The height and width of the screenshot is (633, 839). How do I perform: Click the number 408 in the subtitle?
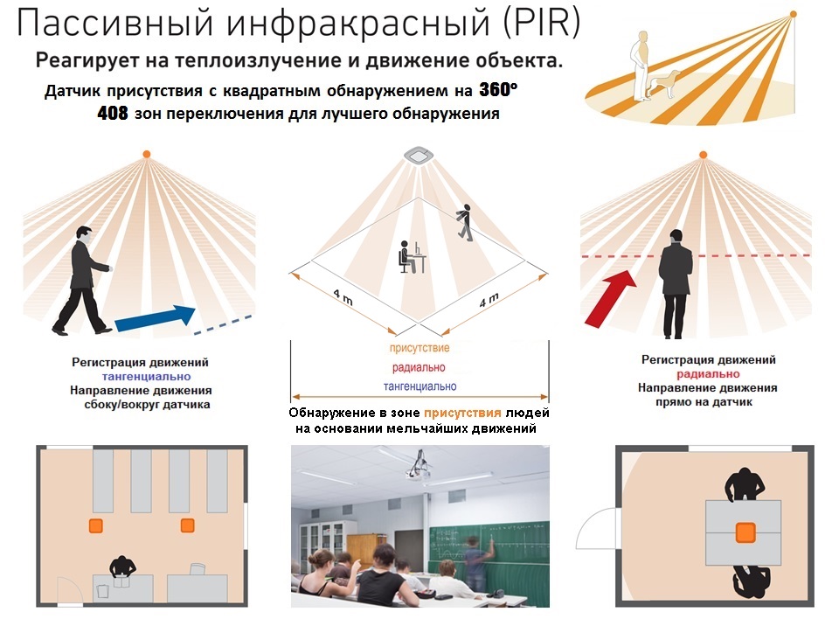point(113,113)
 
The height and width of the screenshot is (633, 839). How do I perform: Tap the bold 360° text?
point(498,89)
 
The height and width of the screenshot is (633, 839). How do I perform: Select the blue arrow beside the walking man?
point(156,317)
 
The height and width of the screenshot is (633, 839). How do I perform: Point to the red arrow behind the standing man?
point(610,298)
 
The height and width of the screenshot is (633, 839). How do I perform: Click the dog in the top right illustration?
point(664,84)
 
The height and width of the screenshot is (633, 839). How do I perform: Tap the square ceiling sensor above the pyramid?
point(419,155)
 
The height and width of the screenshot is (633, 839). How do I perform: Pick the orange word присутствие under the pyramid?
point(419,348)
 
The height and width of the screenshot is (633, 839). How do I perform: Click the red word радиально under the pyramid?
point(419,367)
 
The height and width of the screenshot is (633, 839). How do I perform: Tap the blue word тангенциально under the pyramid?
point(420,386)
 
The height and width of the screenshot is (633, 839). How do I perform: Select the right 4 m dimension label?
point(489,300)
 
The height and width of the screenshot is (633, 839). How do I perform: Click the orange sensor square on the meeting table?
point(745,532)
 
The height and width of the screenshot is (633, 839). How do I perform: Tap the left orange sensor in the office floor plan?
point(96,525)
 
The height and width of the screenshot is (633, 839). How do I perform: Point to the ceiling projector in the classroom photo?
point(418,466)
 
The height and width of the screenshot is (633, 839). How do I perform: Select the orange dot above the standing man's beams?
point(703,155)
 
